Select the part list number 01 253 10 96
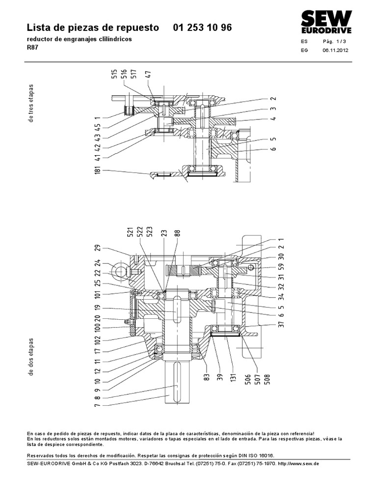[203, 28]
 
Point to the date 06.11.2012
[335, 51]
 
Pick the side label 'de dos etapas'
[31, 356]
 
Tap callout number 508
[268, 379]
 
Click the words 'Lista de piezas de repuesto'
[92, 28]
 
